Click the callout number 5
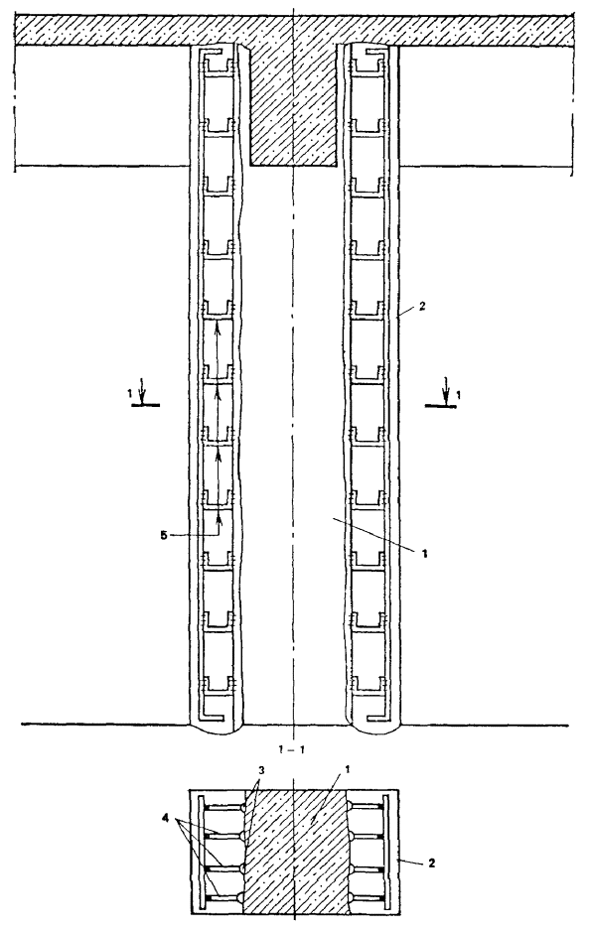[163, 535]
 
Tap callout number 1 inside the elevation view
[424, 554]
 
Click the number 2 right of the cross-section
[431, 863]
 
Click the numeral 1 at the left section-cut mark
[129, 393]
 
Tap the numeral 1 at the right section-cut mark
[458, 394]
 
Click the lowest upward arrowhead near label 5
[219, 520]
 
